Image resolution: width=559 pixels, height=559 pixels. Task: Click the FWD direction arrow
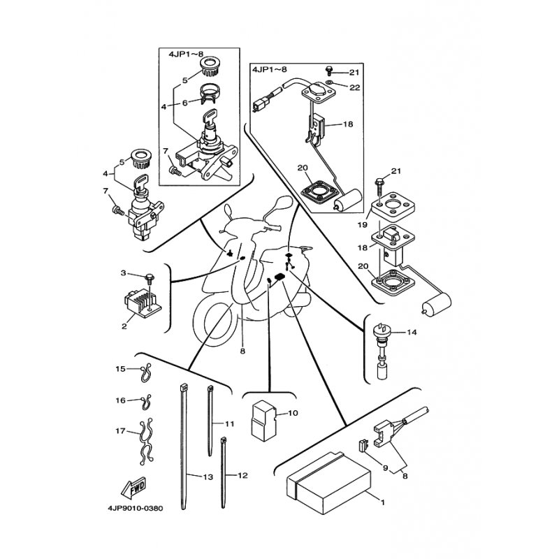pyautogui.click(x=134, y=488)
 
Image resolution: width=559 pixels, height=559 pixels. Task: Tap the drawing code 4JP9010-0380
pyautogui.click(x=135, y=509)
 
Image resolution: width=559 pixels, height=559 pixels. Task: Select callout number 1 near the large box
pyautogui.click(x=383, y=502)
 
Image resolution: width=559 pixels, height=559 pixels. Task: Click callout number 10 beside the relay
pyautogui.click(x=293, y=413)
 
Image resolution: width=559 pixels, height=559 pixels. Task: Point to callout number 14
pyautogui.click(x=412, y=333)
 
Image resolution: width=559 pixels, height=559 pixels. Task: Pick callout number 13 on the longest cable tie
pyautogui.click(x=208, y=477)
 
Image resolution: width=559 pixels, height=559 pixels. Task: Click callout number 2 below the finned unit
pyautogui.click(x=124, y=326)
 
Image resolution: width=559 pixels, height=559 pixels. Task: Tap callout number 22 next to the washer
pyautogui.click(x=354, y=87)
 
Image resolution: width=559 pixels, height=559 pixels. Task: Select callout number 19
pyautogui.click(x=362, y=225)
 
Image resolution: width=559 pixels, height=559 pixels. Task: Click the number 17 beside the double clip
pyautogui.click(x=120, y=431)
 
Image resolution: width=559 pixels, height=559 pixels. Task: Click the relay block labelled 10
pyautogui.click(x=263, y=419)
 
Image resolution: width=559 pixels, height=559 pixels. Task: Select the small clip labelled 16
pyautogui.click(x=145, y=402)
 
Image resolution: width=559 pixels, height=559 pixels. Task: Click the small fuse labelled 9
pyautogui.click(x=363, y=446)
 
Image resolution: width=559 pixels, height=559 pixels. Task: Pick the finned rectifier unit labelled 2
pyautogui.click(x=143, y=303)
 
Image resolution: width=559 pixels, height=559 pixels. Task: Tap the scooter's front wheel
pyautogui.click(x=213, y=323)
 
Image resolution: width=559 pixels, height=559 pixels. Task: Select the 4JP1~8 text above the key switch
pyautogui.click(x=186, y=55)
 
